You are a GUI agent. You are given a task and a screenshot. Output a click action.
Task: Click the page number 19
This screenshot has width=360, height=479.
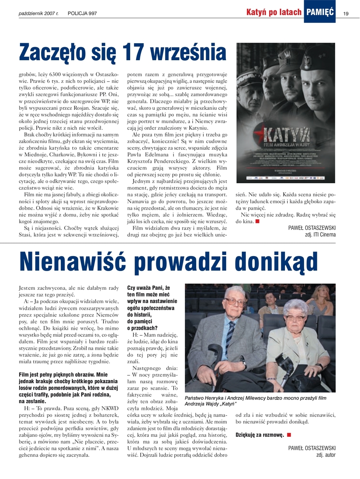346,13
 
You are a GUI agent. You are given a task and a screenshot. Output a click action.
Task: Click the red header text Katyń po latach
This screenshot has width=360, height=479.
274,12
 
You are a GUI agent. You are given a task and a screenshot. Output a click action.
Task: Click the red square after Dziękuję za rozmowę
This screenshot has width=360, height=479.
289,434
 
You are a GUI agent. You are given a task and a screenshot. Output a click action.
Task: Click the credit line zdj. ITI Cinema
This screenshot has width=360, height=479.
320,235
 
